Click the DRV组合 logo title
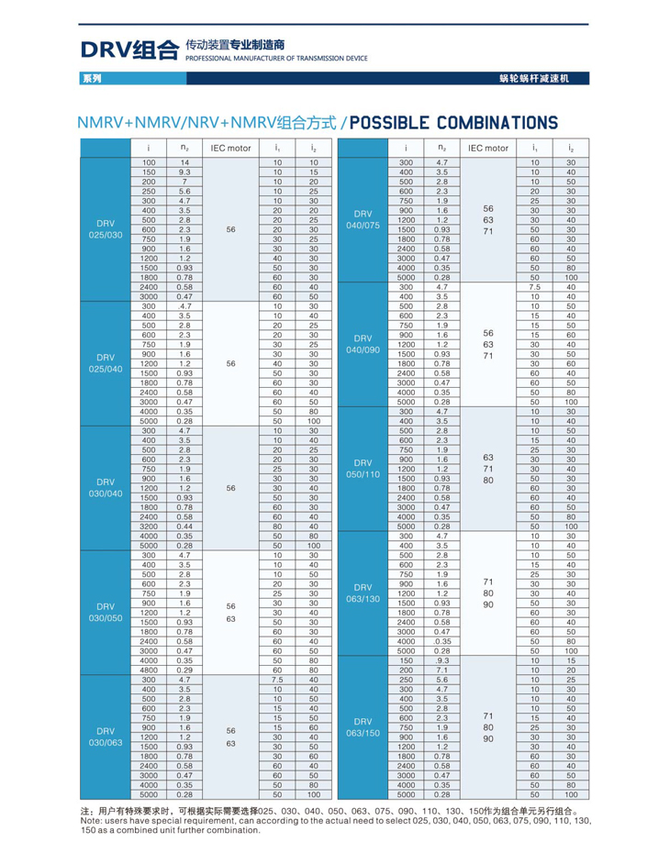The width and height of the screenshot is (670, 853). pos(129,49)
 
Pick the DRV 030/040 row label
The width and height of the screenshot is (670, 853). pos(106,487)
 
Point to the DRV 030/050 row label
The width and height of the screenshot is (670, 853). pos(106,612)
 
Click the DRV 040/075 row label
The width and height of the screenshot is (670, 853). pos(363,220)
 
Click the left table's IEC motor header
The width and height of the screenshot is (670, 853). pos(230,147)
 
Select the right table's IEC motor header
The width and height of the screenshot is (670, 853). pos(487,147)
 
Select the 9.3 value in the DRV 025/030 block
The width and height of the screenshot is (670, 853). pos(184,172)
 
